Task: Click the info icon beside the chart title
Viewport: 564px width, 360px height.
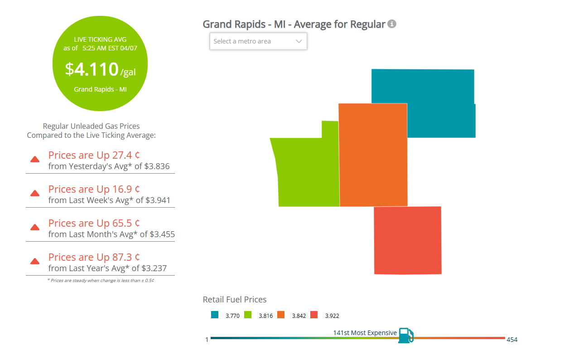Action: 392,24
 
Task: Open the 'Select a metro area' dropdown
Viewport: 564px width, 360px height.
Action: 258,41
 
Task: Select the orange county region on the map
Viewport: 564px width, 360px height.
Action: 373,154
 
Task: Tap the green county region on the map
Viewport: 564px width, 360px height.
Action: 308,172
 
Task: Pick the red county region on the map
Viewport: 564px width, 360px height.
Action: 407,240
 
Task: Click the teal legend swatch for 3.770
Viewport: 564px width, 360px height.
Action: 215,315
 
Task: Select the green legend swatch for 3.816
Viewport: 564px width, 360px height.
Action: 248,315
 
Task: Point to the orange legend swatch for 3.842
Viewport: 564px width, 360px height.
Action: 281,315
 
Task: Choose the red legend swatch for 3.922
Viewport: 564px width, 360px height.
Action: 314,315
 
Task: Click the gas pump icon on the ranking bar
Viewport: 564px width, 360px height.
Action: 405,336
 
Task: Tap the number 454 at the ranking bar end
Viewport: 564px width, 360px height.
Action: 512,340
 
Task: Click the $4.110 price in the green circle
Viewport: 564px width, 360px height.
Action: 92,69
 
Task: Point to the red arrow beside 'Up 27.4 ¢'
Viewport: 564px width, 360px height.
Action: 35,159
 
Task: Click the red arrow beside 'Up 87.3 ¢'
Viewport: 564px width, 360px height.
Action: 35,261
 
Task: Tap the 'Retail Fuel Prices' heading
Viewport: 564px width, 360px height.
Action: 235,299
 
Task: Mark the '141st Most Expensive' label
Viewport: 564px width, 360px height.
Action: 365,333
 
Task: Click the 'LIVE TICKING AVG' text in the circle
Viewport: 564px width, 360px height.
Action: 100,39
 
